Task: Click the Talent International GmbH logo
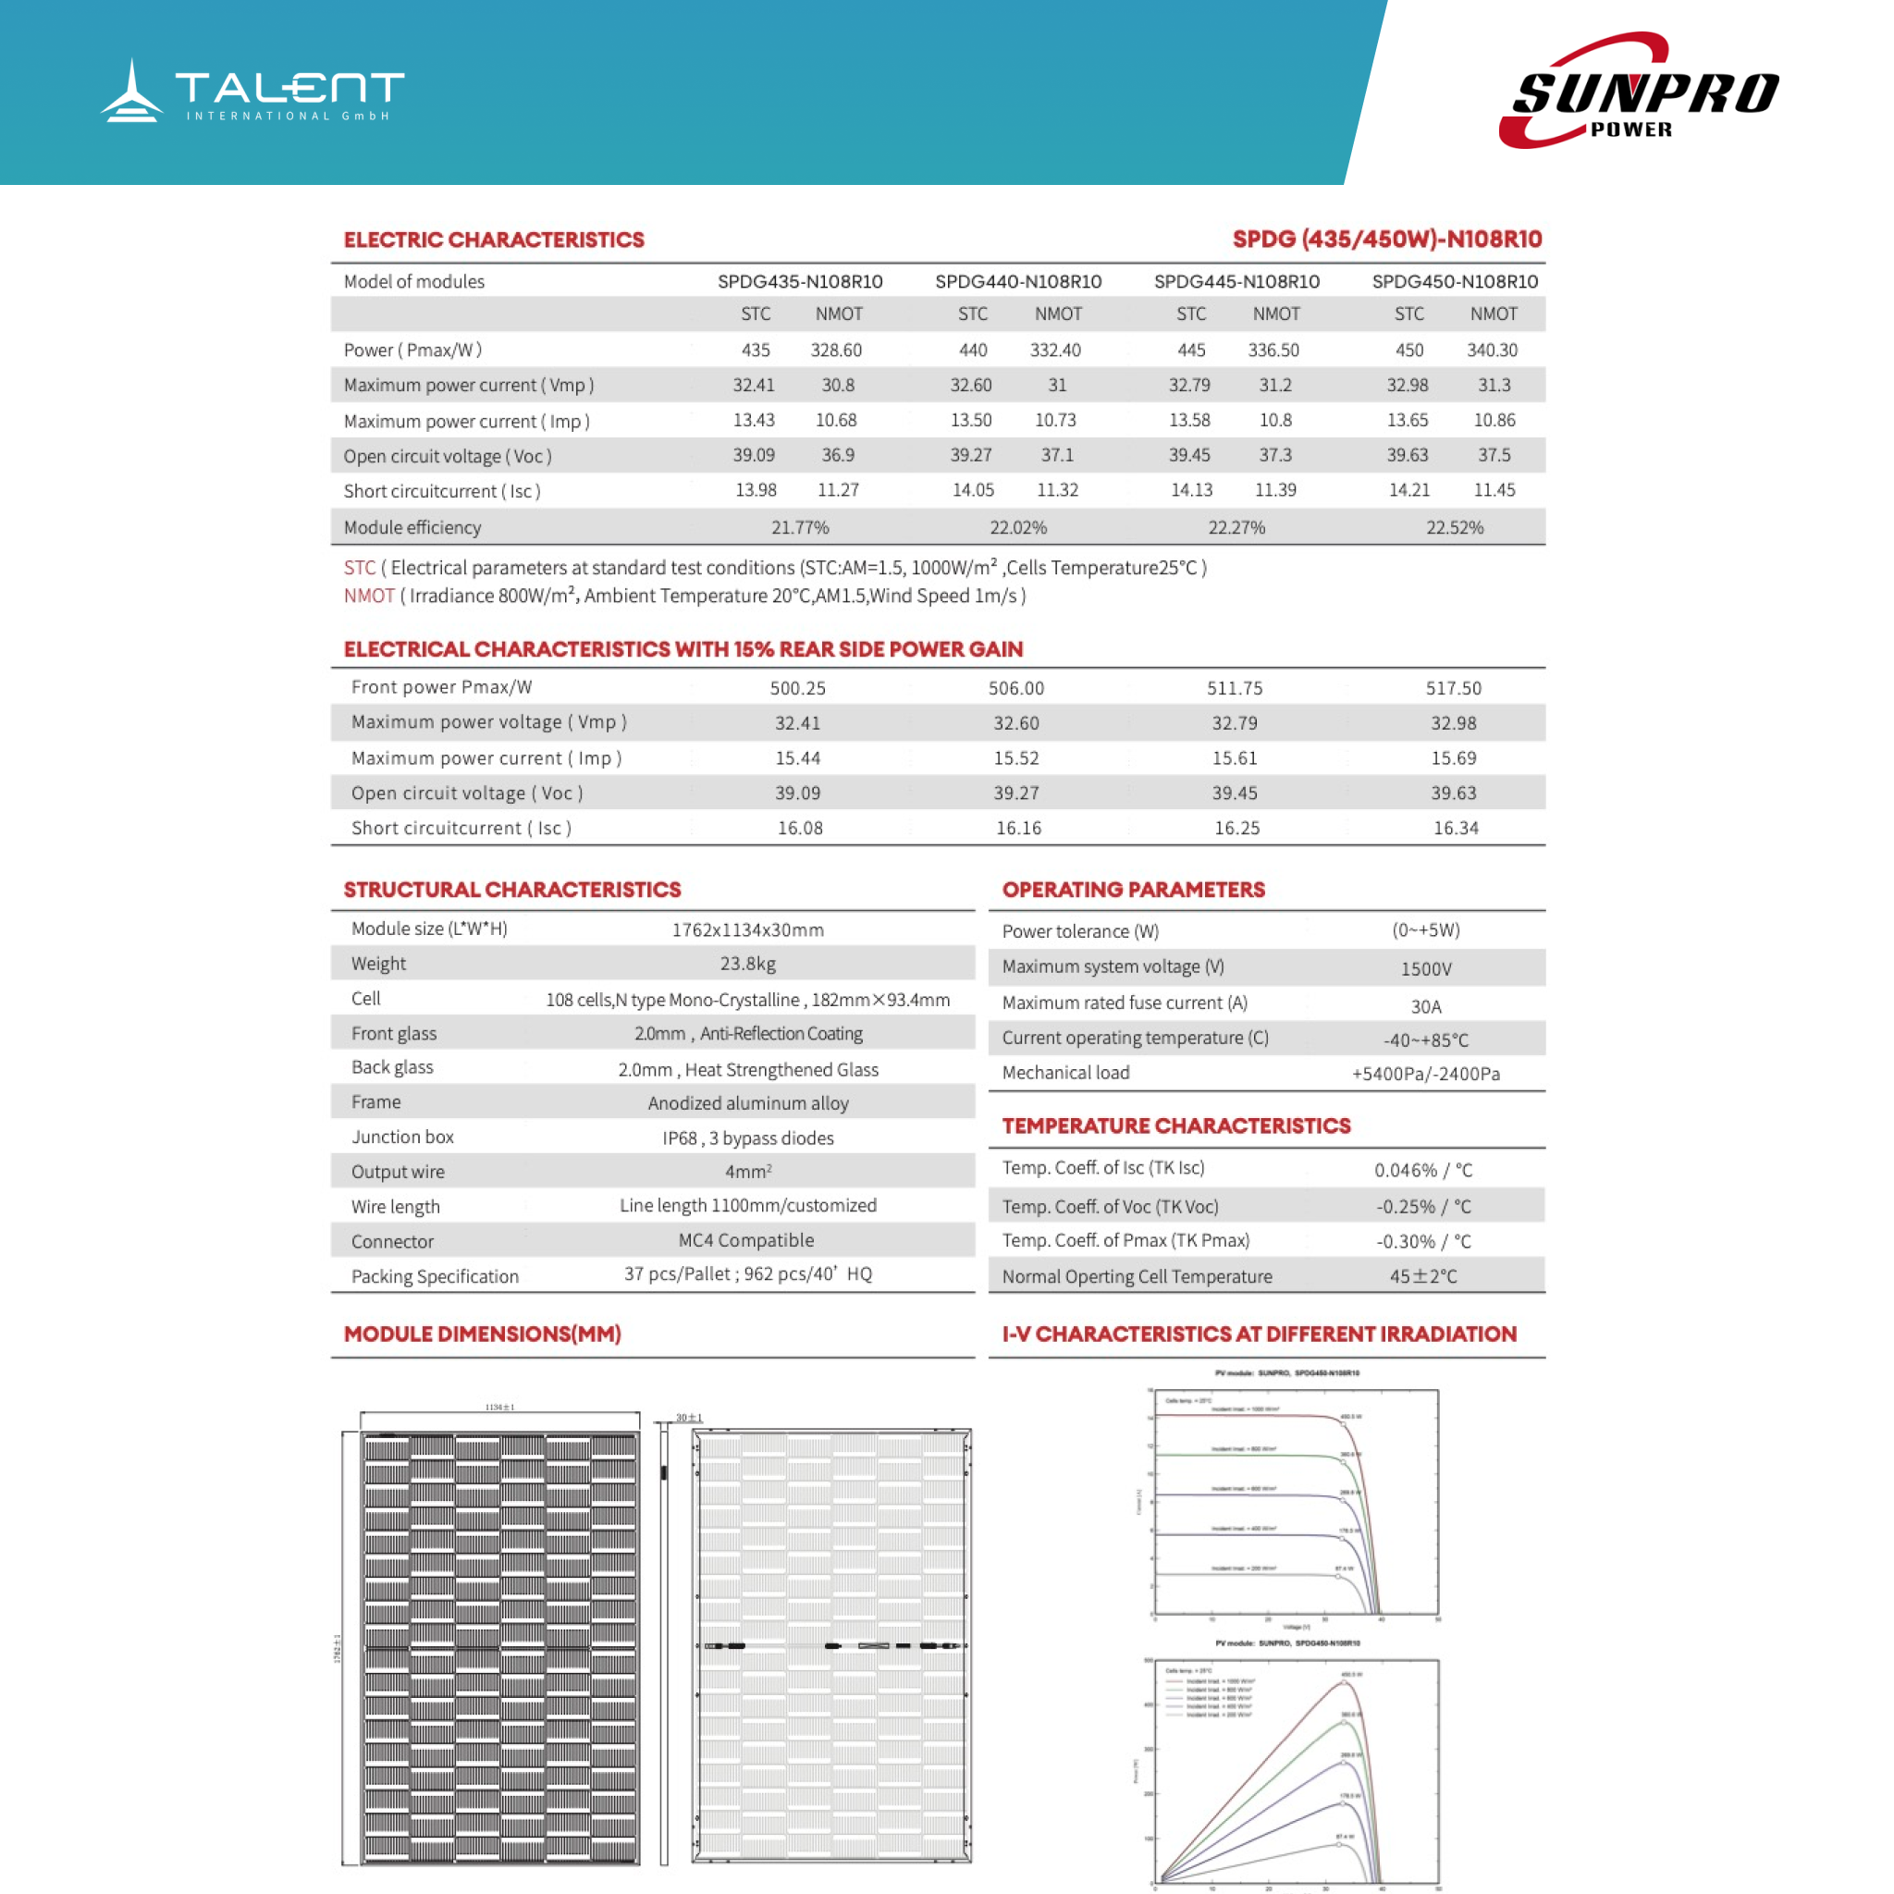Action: pos(252,91)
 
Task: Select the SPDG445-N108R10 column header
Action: pos(1236,281)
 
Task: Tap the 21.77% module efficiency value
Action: pos(800,527)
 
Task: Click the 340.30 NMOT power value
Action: pos(1491,350)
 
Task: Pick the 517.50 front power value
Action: pos(1453,688)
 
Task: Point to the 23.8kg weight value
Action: pos(747,964)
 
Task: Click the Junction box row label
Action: pos(402,1138)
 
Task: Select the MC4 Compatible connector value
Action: pos(746,1240)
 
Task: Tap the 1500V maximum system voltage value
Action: pos(1425,968)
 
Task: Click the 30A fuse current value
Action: pos(1425,1006)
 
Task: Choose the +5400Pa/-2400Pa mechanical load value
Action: pos(1425,1074)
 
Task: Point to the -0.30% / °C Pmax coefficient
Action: pos(1422,1241)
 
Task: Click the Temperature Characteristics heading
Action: pos(1175,1125)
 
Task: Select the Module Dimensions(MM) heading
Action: pos(483,1334)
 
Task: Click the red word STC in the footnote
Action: pos(359,568)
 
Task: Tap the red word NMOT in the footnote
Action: pos(369,596)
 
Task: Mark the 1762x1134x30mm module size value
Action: pos(747,929)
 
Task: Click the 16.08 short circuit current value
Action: pos(800,829)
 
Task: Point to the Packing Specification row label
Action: pos(435,1276)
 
